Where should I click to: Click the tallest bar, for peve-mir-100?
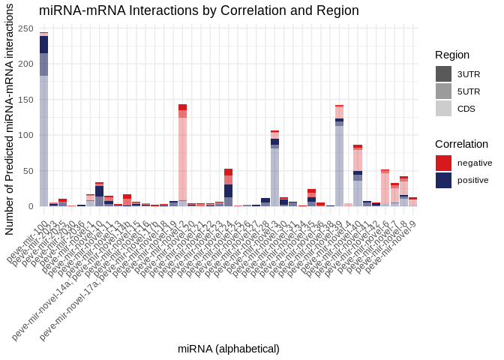click(x=43, y=120)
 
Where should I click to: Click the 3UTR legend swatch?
click(x=443, y=73)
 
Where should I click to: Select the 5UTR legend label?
click(x=469, y=91)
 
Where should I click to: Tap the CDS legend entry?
click(x=466, y=108)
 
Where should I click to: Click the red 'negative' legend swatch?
click(x=443, y=163)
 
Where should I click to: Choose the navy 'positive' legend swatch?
click(x=443, y=180)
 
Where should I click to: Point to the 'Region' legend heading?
click(x=452, y=55)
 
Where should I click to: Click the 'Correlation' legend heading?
click(x=461, y=144)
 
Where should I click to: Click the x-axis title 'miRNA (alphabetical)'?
click(x=229, y=349)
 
